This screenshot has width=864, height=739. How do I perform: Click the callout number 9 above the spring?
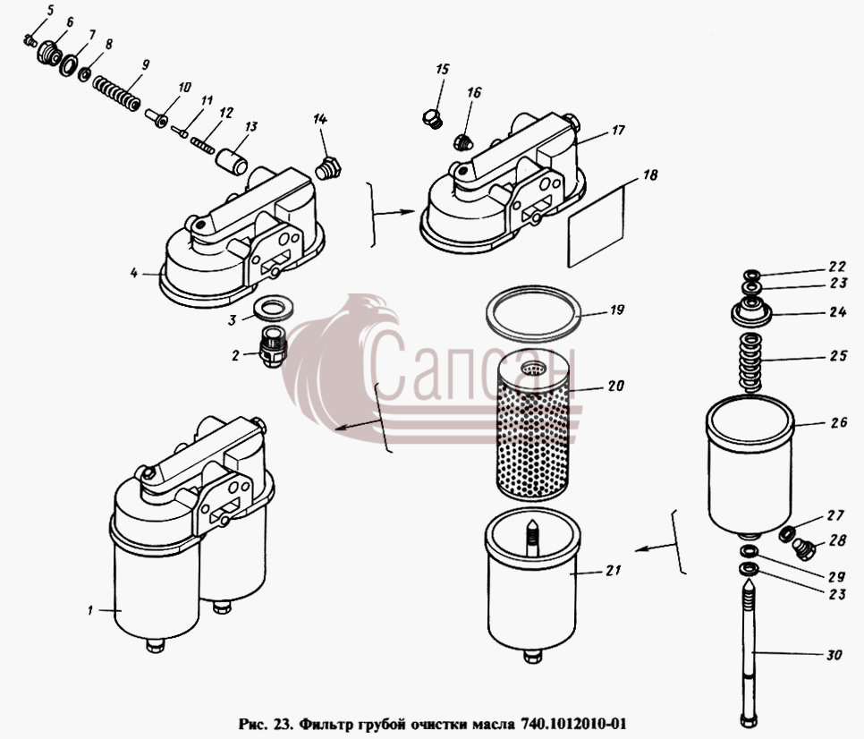point(145,65)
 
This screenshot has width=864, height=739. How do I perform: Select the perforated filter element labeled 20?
point(532,425)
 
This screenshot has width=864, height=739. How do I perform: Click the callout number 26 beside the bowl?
point(839,422)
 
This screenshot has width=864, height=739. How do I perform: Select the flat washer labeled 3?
point(274,308)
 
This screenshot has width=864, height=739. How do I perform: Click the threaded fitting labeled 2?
point(272,346)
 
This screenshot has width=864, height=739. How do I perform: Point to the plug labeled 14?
point(328,168)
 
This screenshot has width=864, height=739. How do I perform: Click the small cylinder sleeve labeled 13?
point(231,161)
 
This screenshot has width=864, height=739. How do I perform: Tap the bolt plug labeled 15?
point(431,118)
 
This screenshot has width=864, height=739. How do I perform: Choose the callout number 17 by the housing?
point(618,130)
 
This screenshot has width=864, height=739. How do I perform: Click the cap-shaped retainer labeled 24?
point(750,313)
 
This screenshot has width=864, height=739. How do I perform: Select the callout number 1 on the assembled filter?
point(89,610)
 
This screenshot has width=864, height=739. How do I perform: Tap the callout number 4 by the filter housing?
point(134,272)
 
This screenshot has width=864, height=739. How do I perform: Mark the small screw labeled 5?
point(30,40)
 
